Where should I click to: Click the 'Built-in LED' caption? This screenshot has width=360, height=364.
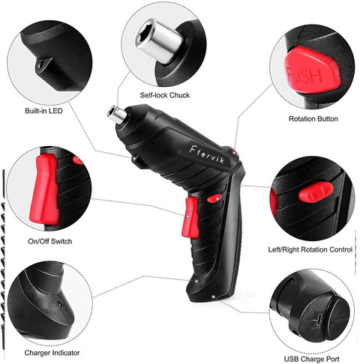[x=43, y=111]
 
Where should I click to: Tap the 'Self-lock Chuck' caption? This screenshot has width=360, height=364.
[x=165, y=95]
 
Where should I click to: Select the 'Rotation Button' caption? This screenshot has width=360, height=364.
[x=313, y=119]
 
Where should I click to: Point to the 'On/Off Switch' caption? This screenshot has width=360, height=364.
[x=50, y=241]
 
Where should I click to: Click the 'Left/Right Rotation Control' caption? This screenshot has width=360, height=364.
[x=310, y=249]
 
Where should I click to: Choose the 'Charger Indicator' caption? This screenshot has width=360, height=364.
[x=52, y=353]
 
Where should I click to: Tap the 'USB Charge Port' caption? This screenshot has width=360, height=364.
[x=312, y=360]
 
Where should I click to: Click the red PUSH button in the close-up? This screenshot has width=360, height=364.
[x=313, y=73]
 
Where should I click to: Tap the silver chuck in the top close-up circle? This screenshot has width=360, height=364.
[x=159, y=40]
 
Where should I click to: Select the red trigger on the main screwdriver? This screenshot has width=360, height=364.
[x=190, y=217]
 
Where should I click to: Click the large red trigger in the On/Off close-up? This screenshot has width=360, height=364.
[x=45, y=189]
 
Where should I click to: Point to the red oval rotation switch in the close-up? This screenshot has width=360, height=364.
[x=316, y=192]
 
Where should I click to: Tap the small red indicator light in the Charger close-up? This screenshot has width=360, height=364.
[x=59, y=303]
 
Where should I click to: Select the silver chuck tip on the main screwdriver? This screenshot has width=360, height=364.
[x=117, y=115]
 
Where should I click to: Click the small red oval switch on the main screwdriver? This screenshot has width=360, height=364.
[x=214, y=198]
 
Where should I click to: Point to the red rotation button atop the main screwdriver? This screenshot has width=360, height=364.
[x=235, y=152]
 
